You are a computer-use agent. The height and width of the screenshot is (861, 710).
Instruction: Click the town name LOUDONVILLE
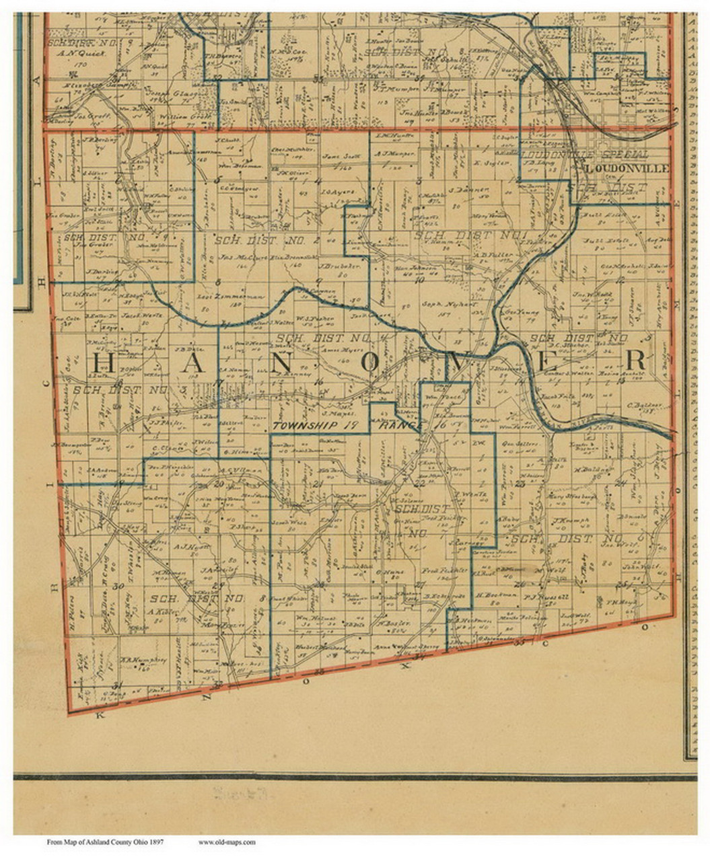click(627, 167)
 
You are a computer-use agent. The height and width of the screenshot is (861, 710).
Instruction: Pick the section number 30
click(120, 586)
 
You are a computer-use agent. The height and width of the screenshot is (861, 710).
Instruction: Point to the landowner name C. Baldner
click(639, 405)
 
